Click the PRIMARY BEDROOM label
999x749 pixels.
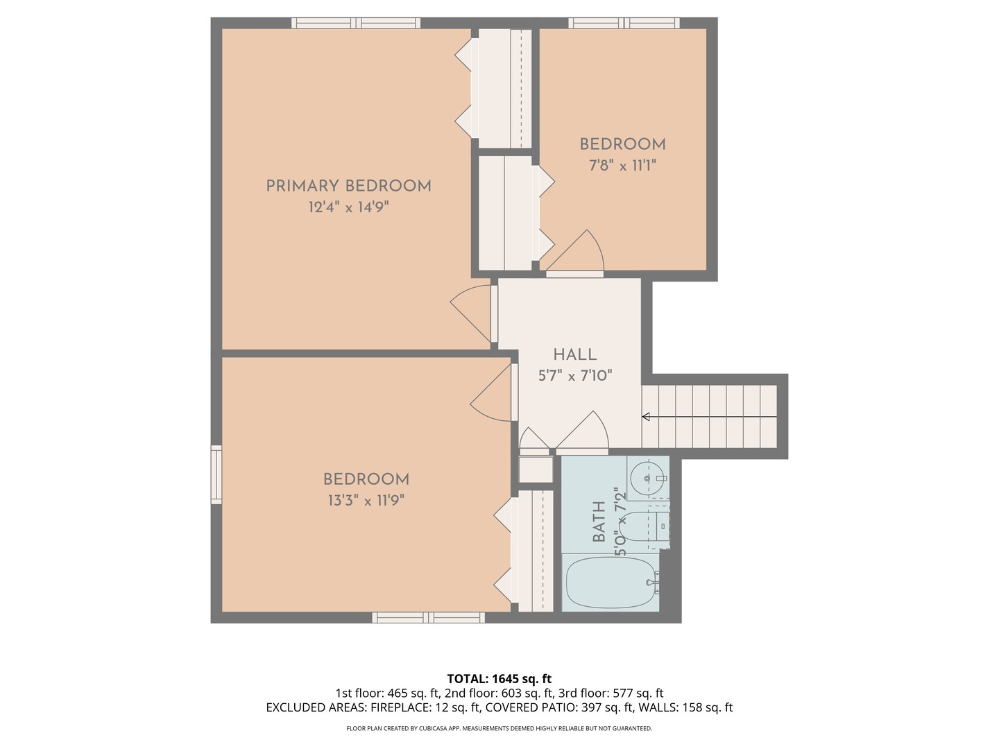point(348,186)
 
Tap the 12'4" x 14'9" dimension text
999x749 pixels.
point(349,207)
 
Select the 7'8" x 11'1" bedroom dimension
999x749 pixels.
point(622,166)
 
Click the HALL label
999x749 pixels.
point(574,354)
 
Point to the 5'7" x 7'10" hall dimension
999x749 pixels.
point(574,376)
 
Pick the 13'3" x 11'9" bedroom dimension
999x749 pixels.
point(366,501)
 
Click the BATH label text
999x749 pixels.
point(599,521)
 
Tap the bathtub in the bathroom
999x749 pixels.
point(610,583)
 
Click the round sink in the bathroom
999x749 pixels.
point(648,478)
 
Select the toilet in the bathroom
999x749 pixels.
point(659,526)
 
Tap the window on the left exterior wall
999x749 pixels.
point(216,474)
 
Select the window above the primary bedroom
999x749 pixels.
point(355,23)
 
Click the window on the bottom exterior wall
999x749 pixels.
point(428,617)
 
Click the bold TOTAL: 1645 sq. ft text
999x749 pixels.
point(499,678)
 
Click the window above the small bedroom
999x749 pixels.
point(624,23)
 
